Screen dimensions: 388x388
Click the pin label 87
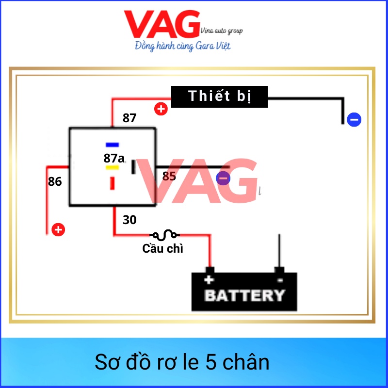pyautogui.click(x=129, y=118)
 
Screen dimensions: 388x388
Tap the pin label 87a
pyautogui.click(x=114, y=158)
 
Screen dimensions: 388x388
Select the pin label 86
pyautogui.click(x=55, y=181)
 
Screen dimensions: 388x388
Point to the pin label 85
pyautogui.click(x=169, y=176)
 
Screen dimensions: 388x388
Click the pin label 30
pyautogui.click(x=129, y=220)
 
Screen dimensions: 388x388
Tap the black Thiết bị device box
pyautogui.click(x=220, y=96)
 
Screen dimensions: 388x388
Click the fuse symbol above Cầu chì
pyautogui.click(x=165, y=235)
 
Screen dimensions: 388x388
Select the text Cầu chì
pyautogui.click(x=162, y=249)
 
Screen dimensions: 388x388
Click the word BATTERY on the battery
pyautogui.click(x=244, y=295)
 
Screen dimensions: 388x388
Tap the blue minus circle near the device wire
pyautogui.click(x=354, y=119)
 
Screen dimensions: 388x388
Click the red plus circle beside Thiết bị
pyautogui.click(x=161, y=109)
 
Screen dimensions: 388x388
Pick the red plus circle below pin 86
pyautogui.click(x=58, y=229)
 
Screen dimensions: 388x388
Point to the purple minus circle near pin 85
pyautogui.click(x=223, y=178)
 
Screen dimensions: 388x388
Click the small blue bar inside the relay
pyautogui.click(x=113, y=145)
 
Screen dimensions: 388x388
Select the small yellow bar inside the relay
pyautogui.click(x=113, y=168)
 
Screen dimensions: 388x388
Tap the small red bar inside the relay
pyautogui.click(x=113, y=183)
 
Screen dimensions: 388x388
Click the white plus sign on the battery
pyautogui.click(x=209, y=280)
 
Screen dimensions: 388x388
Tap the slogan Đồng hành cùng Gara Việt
pyautogui.click(x=182, y=47)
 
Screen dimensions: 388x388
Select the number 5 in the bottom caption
pyautogui.click(x=208, y=362)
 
